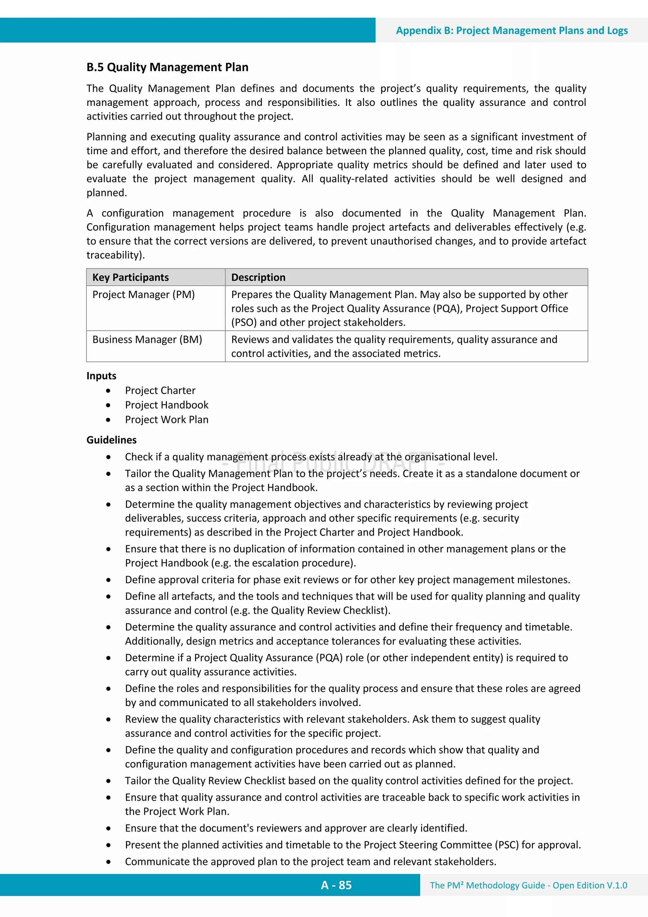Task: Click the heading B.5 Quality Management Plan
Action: pos(167,67)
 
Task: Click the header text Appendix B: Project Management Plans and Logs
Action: pos(511,31)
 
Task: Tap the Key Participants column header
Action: pos(131,277)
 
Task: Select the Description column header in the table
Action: pos(258,277)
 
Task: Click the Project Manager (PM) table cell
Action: pos(143,295)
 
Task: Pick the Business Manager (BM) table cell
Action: pos(147,339)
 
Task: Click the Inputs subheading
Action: pos(102,376)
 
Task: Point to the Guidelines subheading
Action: pos(111,440)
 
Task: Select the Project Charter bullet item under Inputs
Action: pos(160,390)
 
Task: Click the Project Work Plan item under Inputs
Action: pos(166,419)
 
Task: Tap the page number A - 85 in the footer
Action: pos(336,885)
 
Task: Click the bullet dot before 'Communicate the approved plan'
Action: pos(108,862)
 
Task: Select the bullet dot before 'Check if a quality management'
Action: pos(108,457)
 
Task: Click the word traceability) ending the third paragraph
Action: pos(115,255)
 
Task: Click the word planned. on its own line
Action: pos(107,193)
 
